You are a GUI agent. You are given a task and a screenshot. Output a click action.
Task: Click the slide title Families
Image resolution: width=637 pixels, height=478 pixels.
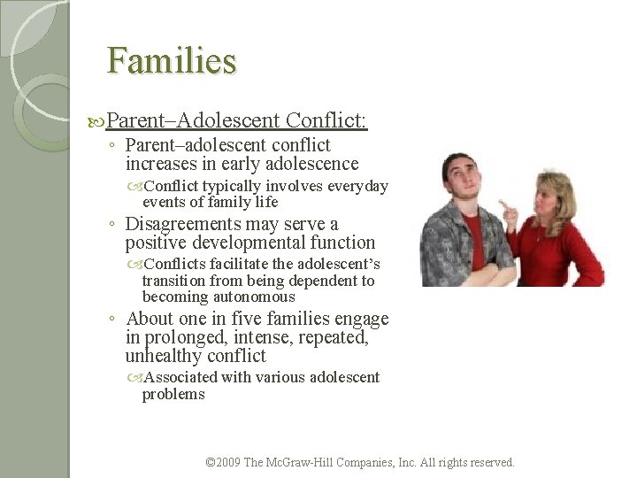pos(172,61)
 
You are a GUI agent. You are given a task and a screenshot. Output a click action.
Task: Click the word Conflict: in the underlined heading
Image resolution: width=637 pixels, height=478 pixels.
pos(327,119)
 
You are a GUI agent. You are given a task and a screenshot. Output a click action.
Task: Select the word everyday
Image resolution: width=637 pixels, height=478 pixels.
pos(357,186)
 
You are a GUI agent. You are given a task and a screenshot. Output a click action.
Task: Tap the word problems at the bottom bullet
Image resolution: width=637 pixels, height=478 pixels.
pos(173,394)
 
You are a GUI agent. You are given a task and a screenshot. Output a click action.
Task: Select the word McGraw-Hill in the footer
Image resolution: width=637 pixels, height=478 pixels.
pos(305,462)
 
